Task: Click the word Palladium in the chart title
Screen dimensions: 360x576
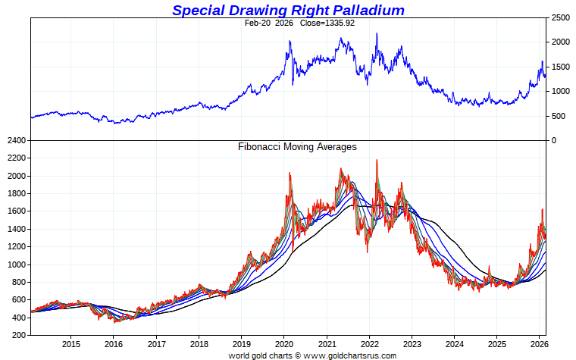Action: coord(362,10)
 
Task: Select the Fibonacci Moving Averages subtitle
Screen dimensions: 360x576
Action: coord(297,147)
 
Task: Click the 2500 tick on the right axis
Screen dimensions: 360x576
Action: coord(560,17)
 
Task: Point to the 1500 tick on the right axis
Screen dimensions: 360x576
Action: coord(560,67)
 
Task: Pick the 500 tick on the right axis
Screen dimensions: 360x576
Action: coord(558,116)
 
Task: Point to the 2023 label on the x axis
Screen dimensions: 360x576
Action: coord(412,343)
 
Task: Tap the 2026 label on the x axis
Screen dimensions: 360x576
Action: coord(539,343)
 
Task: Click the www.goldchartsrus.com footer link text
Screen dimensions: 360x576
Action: coord(351,355)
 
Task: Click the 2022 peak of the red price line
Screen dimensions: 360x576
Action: coord(377,161)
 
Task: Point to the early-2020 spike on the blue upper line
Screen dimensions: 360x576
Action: coord(290,41)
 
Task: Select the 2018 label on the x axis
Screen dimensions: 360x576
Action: coord(199,343)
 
